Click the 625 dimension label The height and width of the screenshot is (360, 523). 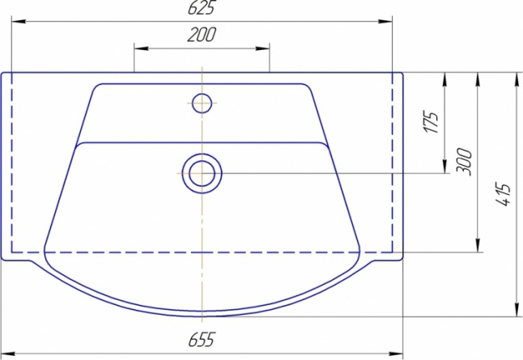coord(201,7)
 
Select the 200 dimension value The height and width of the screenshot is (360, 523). coord(202,35)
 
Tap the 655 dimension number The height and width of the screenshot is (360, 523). coord(202,340)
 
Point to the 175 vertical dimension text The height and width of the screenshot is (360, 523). coord(432,121)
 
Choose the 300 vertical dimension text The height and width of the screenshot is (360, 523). coord(464,162)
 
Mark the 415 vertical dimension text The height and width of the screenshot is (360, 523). coord(503,194)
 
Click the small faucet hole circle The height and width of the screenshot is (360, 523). coord(202,103)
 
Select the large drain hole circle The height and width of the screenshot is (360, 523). coord(202,173)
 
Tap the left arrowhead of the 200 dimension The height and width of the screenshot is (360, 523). coord(141,49)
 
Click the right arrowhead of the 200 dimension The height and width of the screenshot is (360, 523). coord(262,49)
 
